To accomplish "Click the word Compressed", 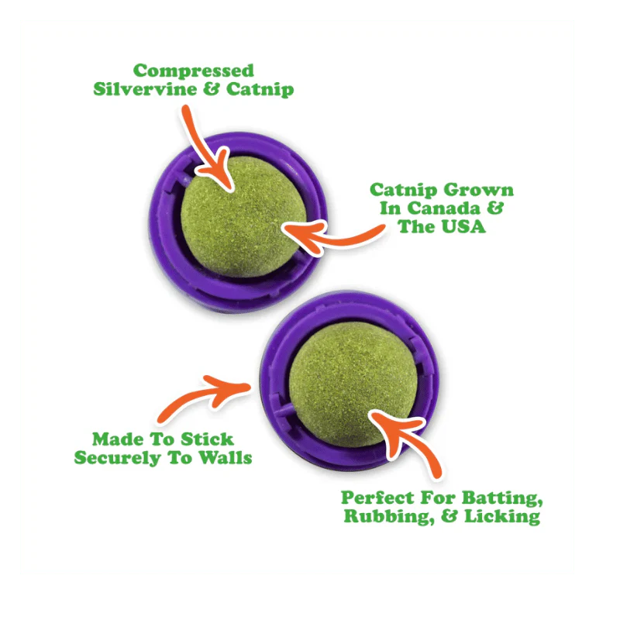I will pyautogui.click(x=194, y=71).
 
